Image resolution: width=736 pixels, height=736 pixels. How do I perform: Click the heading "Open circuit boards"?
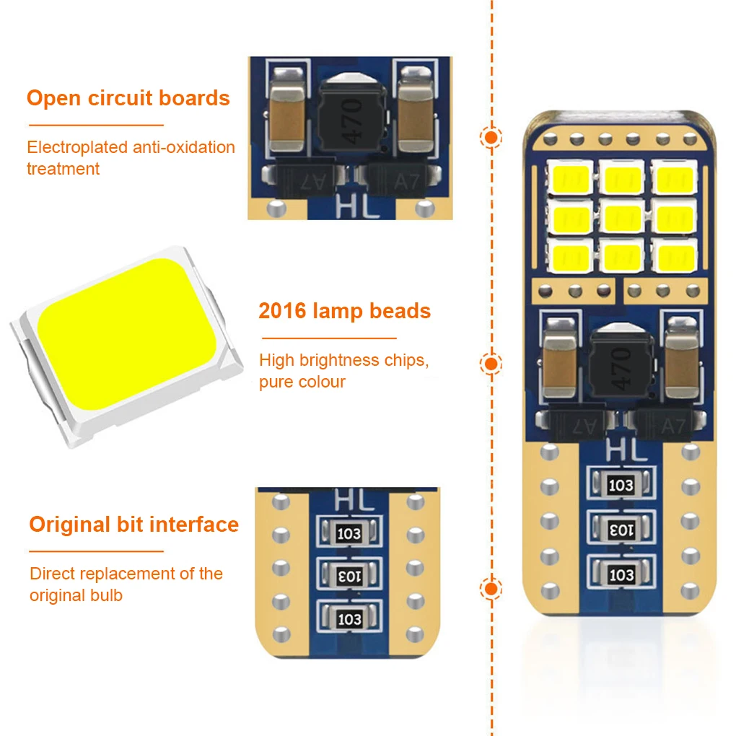(x=128, y=98)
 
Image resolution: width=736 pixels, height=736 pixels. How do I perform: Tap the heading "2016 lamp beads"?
(x=344, y=311)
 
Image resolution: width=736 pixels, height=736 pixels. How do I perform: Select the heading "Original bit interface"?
(x=133, y=524)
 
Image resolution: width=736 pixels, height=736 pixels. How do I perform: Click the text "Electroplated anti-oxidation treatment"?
(x=131, y=158)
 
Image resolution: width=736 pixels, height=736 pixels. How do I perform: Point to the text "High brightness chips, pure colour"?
(x=343, y=370)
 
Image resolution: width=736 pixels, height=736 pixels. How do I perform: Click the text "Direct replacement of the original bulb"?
(x=126, y=584)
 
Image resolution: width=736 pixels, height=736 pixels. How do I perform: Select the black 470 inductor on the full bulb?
(x=620, y=365)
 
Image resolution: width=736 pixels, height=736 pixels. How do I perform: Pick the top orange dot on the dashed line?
(x=492, y=137)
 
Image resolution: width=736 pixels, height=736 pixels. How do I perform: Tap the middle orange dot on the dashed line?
(x=492, y=364)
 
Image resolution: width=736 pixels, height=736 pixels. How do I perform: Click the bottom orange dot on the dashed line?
(x=492, y=590)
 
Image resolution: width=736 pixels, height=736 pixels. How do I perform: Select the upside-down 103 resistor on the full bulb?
(x=621, y=529)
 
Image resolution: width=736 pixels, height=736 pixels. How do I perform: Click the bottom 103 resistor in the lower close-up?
(x=349, y=618)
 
